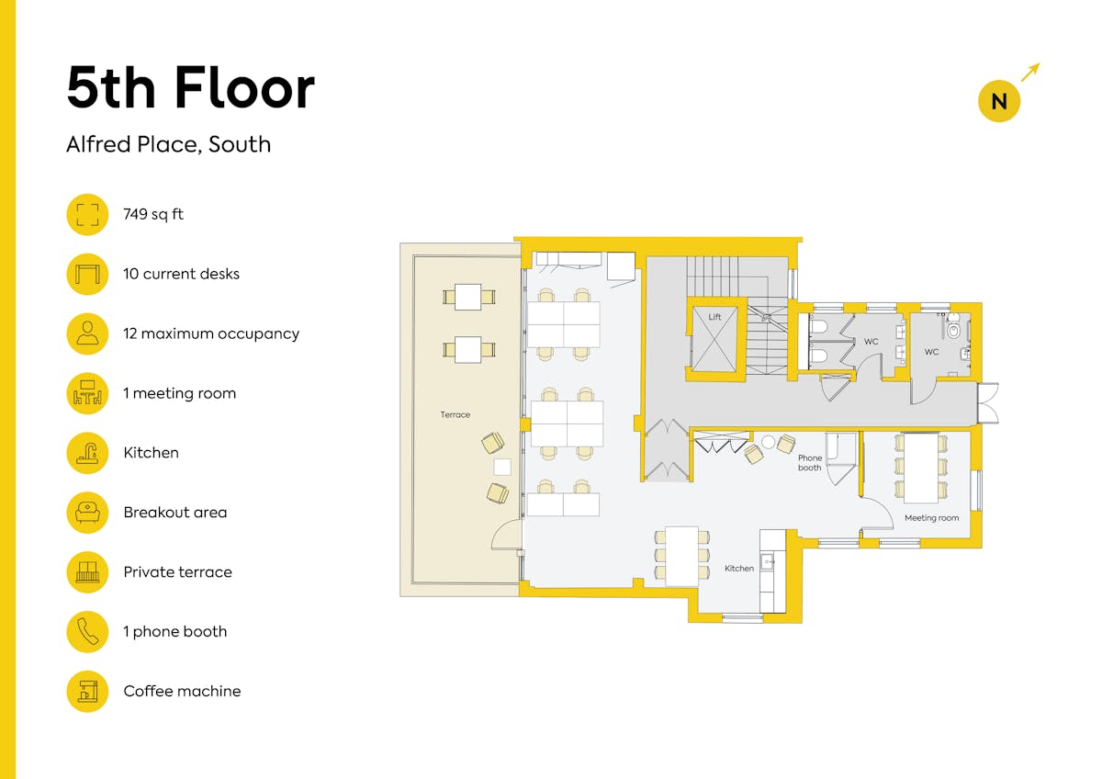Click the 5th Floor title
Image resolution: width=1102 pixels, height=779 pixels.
[190, 87]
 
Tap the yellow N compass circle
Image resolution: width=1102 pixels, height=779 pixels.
[999, 101]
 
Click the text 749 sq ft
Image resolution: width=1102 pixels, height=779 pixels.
[153, 214]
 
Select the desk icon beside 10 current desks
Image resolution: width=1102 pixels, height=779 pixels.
[87, 274]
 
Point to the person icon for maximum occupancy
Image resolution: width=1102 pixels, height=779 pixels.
[87, 333]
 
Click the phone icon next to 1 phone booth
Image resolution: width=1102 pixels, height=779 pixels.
[87, 632]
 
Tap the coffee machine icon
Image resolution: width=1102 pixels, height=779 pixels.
[87, 692]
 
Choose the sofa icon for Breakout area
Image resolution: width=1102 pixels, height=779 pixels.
[87, 513]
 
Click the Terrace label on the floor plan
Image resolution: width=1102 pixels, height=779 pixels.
[455, 415]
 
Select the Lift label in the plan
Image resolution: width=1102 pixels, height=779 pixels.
[714, 317]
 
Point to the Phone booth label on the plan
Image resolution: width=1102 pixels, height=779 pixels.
[810, 463]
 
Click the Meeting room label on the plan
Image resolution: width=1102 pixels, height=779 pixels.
[931, 518]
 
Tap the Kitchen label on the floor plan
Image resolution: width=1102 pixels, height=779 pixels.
[739, 569]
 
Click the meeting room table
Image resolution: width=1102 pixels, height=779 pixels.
[921, 468]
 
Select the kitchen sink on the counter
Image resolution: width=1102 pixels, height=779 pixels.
[767, 561]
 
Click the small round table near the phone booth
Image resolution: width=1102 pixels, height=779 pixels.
[768, 442]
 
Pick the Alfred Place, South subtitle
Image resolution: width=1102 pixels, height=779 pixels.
[169, 144]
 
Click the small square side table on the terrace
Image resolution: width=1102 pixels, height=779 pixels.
[502, 467]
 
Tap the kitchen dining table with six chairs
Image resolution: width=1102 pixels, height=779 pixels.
[681, 556]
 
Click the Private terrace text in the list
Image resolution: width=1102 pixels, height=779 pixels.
[177, 571]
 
